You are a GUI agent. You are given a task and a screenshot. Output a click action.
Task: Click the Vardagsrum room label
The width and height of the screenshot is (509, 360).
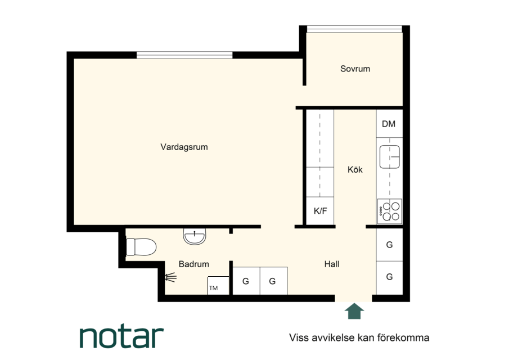click(x=184, y=147)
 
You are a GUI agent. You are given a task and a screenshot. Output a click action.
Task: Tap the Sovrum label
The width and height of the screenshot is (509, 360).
click(x=355, y=69)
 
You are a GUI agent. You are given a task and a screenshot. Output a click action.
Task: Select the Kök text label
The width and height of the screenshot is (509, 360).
click(x=355, y=169)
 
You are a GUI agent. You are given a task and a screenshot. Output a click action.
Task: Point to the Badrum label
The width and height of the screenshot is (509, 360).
click(x=194, y=264)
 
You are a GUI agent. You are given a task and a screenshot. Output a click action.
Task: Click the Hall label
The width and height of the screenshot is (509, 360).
click(x=332, y=264)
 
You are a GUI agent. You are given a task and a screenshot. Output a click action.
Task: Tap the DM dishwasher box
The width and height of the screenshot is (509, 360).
click(x=390, y=124)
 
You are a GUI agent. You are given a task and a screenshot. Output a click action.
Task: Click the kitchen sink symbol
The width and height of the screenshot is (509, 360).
click(x=390, y=157)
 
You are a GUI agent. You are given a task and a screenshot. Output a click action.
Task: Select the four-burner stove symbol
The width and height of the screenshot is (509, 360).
click(x=390, y=211)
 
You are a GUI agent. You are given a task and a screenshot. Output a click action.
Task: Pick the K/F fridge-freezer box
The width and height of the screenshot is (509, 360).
click(x=320, y=211)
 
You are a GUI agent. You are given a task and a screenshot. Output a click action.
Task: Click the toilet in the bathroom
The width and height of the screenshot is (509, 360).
click(x=141, y=247)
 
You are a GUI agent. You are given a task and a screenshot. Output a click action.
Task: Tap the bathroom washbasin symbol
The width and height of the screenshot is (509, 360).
click(x=195, y=236)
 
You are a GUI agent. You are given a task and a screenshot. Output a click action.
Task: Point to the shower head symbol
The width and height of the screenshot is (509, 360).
click(x=170, y=277)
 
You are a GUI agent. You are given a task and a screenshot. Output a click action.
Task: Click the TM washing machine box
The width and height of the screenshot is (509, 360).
click(x=218, y=286)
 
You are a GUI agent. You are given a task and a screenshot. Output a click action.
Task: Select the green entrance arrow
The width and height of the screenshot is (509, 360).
click(x=354, y=311)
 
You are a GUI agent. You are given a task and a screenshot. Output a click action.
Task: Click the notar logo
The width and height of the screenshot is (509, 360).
click(x=121, y=337)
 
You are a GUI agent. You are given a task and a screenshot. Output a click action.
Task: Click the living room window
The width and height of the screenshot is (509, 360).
click(x=184, y=55)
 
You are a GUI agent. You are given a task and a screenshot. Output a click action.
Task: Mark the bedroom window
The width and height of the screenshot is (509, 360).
click(x=354, y=29)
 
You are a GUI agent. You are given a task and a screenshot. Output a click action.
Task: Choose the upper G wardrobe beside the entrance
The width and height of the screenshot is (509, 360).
click(x=390, y=245)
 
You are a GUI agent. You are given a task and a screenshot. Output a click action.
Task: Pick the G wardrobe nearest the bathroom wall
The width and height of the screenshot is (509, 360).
click(x=246, y=281)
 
